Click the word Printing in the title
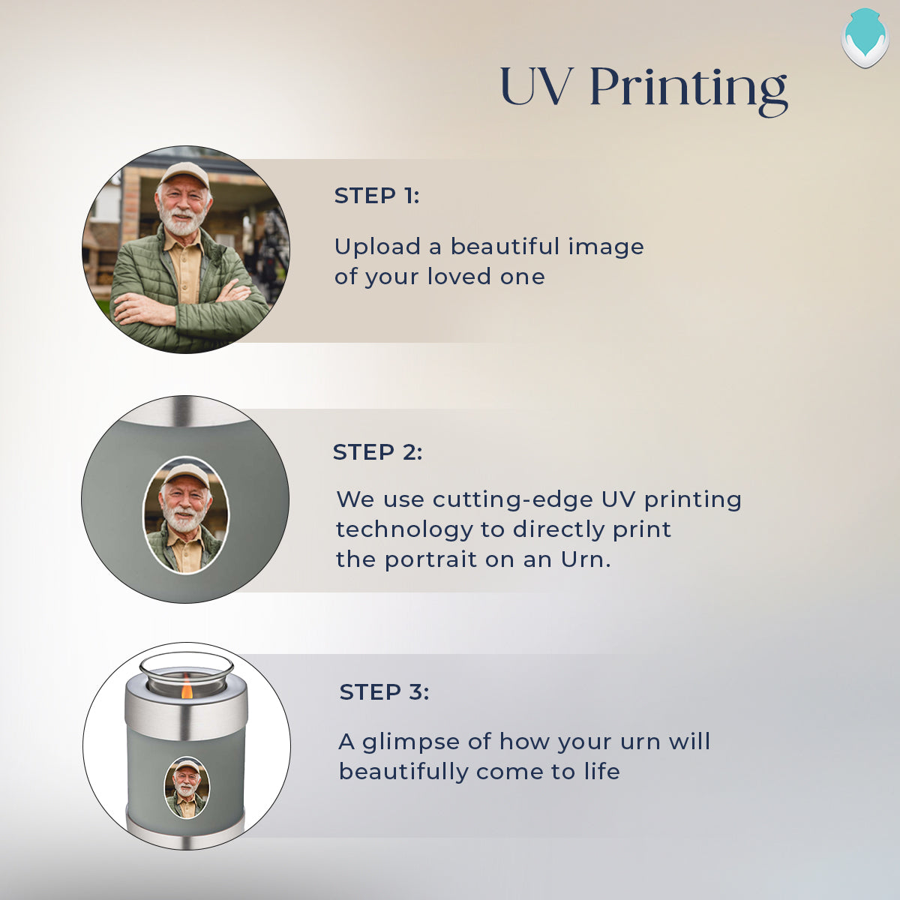pos(689,90)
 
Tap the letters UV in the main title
pos(535,87)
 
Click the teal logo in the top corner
pos(865,37)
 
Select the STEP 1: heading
pos(377,196)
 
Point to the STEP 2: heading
pos(377,452)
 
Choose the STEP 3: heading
pos(384,692)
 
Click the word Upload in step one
pos(377,247)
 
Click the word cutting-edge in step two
pos(512,499)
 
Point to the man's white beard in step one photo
pos(181,221)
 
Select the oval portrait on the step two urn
pos(186,515)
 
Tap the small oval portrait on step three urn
pos(187,788)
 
